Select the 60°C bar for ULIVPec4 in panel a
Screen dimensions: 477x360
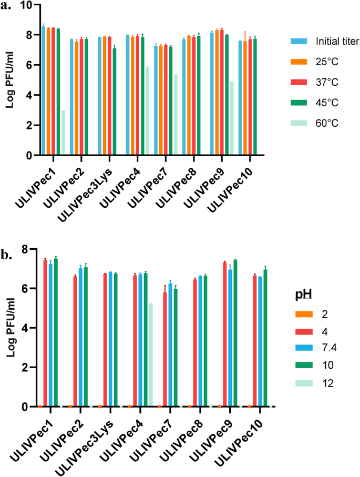point(148,111)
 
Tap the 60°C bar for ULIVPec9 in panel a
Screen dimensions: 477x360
point(231,118)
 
